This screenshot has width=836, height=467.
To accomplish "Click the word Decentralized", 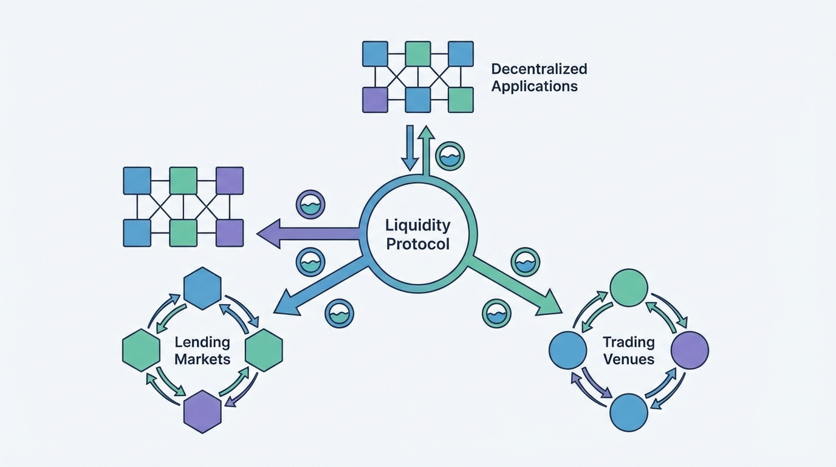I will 539,69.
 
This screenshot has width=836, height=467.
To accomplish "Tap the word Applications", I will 534,86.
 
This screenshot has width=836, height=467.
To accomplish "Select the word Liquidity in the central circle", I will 418,226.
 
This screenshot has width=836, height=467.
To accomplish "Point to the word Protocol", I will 418,244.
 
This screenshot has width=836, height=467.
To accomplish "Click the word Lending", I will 202,342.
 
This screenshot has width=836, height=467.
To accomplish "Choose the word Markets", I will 202,359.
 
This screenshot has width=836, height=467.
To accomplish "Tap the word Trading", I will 628,342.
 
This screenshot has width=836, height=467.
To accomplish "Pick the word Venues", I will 628,359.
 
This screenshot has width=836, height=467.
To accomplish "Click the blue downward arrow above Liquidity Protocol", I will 410,149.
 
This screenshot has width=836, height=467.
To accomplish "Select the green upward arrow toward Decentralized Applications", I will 427,149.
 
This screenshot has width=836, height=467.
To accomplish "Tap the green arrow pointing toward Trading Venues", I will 516,286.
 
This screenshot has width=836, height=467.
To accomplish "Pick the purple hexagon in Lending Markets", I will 202,412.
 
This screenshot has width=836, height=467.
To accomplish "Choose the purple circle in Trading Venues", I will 690,350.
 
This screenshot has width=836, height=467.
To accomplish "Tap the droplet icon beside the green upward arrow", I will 450,156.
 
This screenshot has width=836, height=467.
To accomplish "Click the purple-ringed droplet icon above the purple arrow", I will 310,205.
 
